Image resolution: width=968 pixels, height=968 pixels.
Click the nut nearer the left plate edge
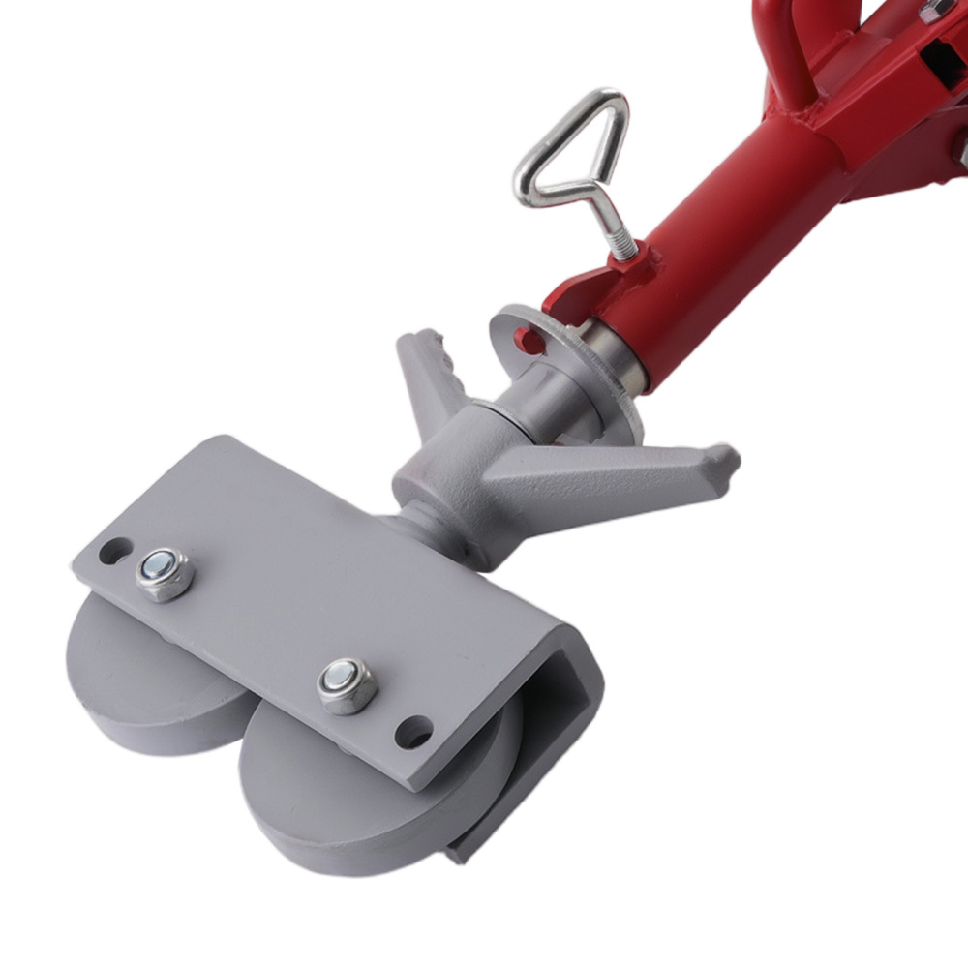[165, 574]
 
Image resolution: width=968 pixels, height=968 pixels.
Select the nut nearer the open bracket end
[348, 684]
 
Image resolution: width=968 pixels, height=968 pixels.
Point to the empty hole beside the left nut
[114, 551]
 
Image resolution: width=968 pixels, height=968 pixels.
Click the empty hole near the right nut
[413, 731]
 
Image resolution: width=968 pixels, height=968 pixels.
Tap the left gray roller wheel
[136, 678]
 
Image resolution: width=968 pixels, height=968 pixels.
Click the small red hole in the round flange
[528, 340]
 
